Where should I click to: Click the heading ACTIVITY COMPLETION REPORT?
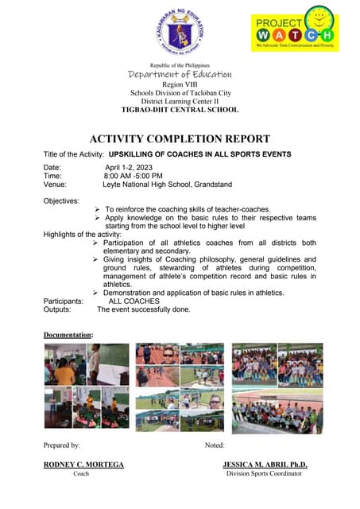pyautogui.click(x=180, y=138)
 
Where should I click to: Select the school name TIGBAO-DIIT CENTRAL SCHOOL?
pyautogui.click(x=180, y=110)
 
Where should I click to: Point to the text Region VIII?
pyautogui.click(x=180, y=84)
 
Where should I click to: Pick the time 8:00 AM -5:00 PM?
pyautogui.click(x=134, y=176)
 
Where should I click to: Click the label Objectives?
pyautogui.click(x=61, y=200)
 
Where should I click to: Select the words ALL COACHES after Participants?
pyautogui.click(x=134, y=301)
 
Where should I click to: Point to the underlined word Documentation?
pyautogui.click(x=68, y=335)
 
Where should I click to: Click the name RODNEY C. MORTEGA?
pyautogui.click(x=83, y=464)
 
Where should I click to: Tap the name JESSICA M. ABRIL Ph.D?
pyautogui.click(x=265, y=464)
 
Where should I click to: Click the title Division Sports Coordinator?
pyautogui.click(x=264, y=474)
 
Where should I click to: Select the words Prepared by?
pyautogui.click(x=61, y=445)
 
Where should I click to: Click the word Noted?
pyautogui.click(x=215, y=445)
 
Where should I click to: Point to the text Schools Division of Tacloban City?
pyautogui.click(x=180, y=92)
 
